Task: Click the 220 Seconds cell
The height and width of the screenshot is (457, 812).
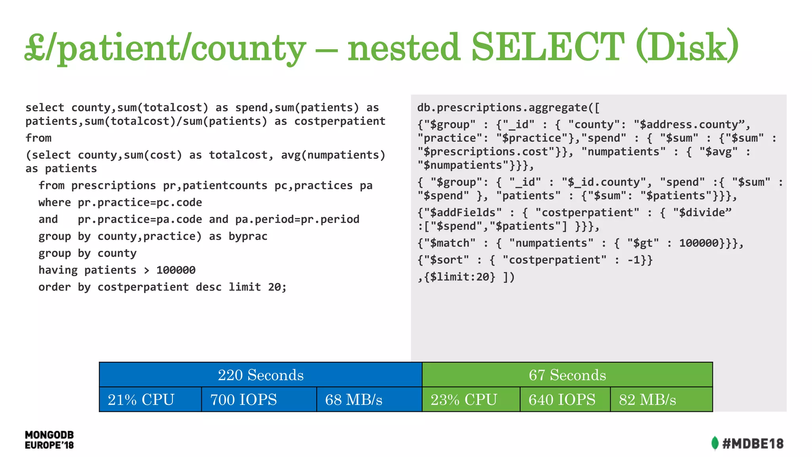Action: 260,375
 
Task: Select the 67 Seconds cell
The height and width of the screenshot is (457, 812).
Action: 567,375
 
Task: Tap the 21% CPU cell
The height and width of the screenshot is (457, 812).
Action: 150,399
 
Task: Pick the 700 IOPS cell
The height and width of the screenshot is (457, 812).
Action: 259,399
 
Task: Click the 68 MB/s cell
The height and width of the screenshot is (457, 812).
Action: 369,399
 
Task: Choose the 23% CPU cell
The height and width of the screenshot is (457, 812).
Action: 471,399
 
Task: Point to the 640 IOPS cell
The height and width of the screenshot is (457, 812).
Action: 565,399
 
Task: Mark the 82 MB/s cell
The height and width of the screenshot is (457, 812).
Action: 661,399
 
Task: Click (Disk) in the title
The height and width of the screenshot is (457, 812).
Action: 687,47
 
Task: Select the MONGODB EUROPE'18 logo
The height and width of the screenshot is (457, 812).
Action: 49,440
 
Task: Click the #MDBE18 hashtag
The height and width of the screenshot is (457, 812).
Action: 753,444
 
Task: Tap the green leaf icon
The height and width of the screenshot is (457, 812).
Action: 714,443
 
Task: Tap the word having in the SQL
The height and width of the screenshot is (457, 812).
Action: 58,270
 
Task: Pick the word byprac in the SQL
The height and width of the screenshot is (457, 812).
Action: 248,236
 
